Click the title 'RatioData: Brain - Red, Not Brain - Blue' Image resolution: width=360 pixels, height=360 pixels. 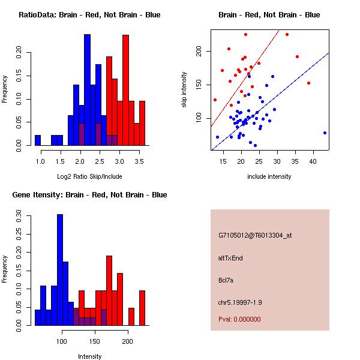coord(89,15)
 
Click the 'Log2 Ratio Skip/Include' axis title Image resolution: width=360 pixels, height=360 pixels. coord(89,176)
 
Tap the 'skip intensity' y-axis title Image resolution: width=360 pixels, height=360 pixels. coord(185,90)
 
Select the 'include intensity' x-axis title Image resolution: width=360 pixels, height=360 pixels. coord(269,176)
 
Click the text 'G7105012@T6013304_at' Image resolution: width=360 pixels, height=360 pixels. coord(255,236)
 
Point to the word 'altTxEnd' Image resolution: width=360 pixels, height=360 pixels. coord(230,258)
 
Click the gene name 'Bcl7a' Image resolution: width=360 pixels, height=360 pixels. coord(226,280)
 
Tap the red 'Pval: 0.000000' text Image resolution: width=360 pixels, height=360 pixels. coord(239,319)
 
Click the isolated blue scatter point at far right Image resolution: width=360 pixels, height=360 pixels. coord(325,133)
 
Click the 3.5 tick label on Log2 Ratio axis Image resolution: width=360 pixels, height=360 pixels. coord(138,162)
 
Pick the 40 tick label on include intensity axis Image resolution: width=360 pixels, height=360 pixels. coord(313,162)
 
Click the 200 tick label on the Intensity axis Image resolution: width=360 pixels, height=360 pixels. coord(127,341)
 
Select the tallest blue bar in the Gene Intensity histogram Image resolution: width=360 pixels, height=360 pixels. coord(60,270)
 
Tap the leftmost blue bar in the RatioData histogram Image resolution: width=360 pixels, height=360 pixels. coord(38,140)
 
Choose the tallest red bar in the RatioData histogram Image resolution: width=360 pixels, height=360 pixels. coord(125,90)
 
